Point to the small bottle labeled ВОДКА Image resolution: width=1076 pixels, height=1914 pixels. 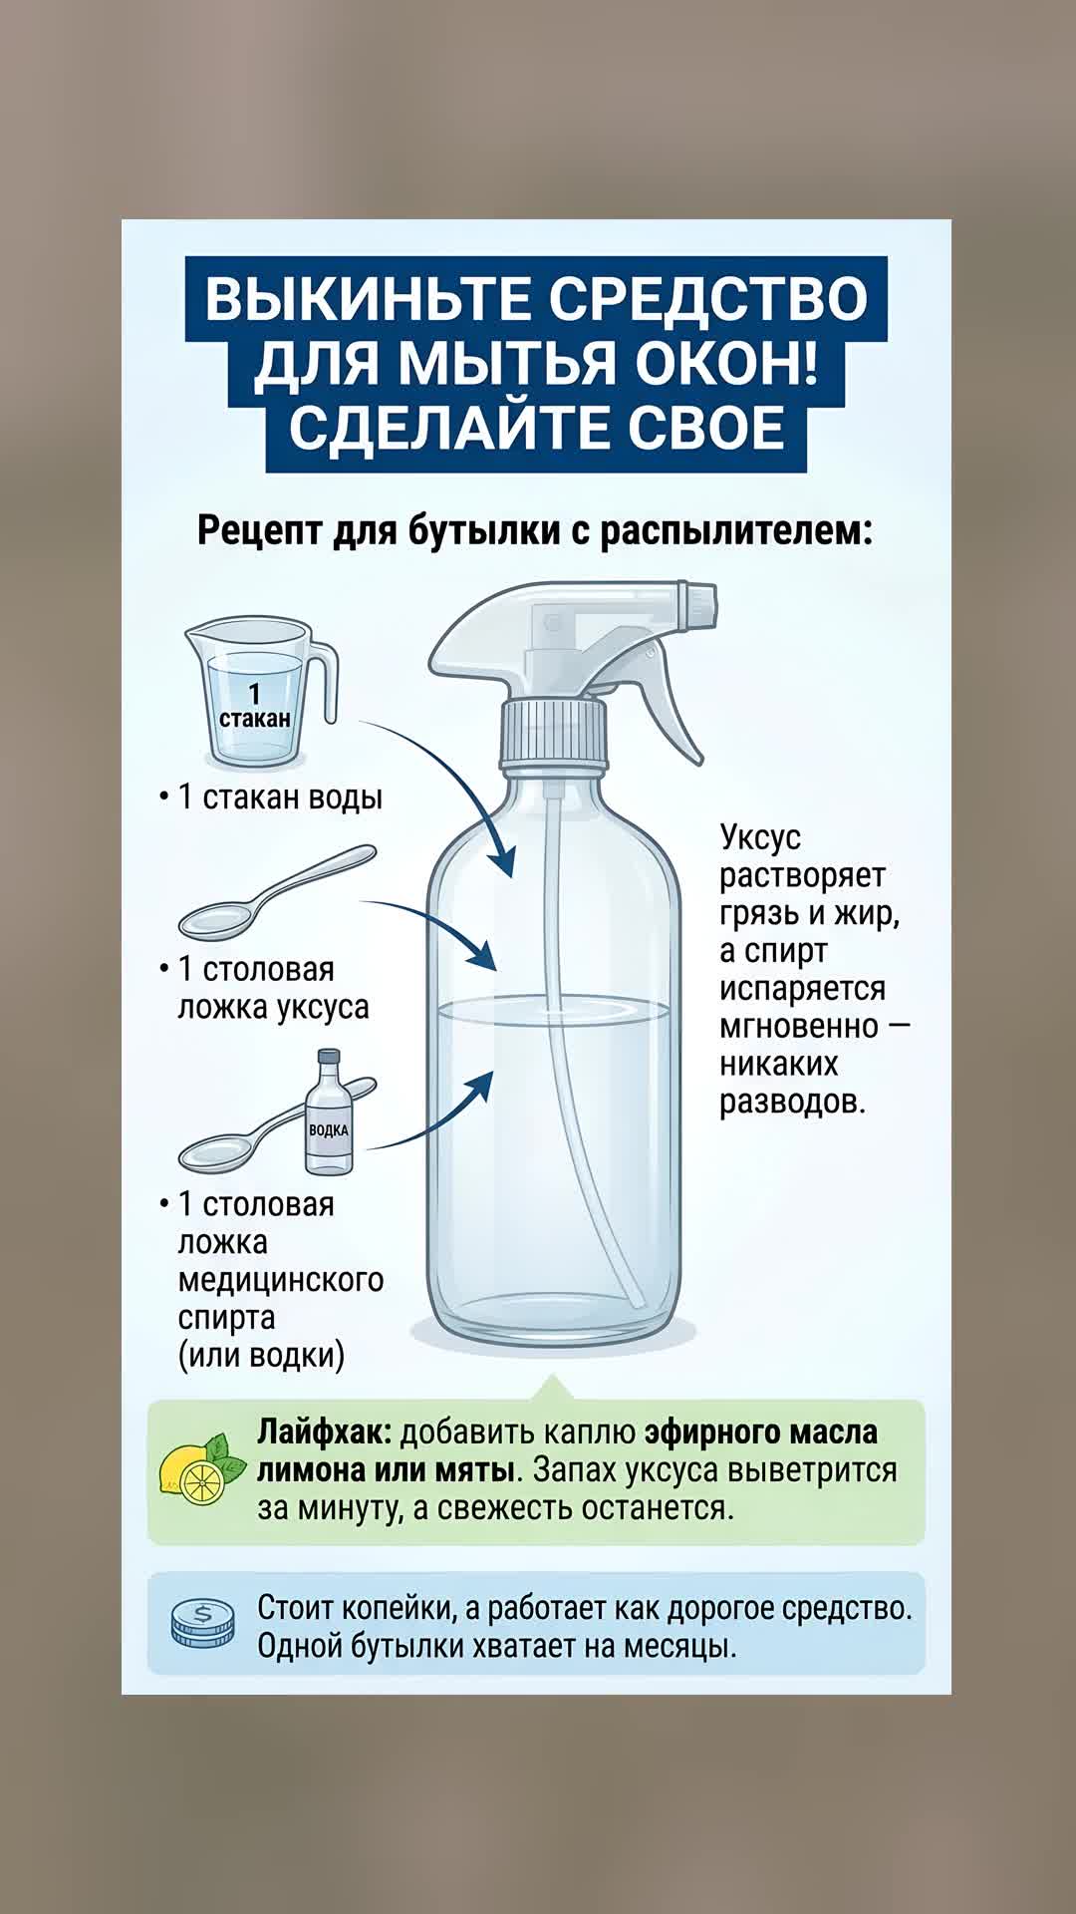coord(329,1111)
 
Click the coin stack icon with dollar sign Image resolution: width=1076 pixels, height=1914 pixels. coord(202,1622)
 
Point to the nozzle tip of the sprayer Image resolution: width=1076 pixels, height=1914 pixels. coord(699,604)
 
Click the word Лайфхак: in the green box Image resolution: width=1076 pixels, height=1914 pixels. coord(325,1433)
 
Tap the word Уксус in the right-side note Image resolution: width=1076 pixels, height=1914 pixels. coord(760,837)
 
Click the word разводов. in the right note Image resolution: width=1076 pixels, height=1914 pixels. coord(792,1102)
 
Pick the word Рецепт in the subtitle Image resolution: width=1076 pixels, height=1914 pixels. coord(259,530)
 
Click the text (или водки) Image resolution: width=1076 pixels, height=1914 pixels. coord(261,1356)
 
